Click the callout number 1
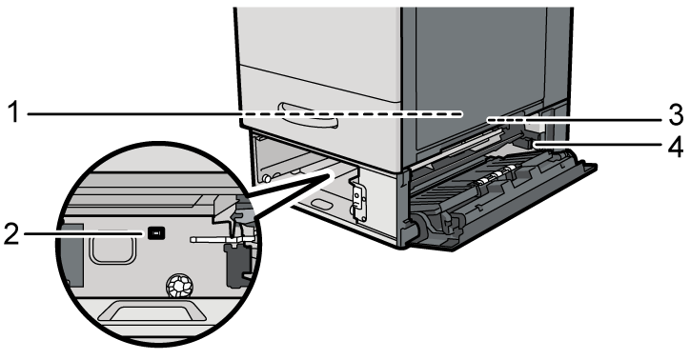(13, 112)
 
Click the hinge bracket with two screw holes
(359, 194)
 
